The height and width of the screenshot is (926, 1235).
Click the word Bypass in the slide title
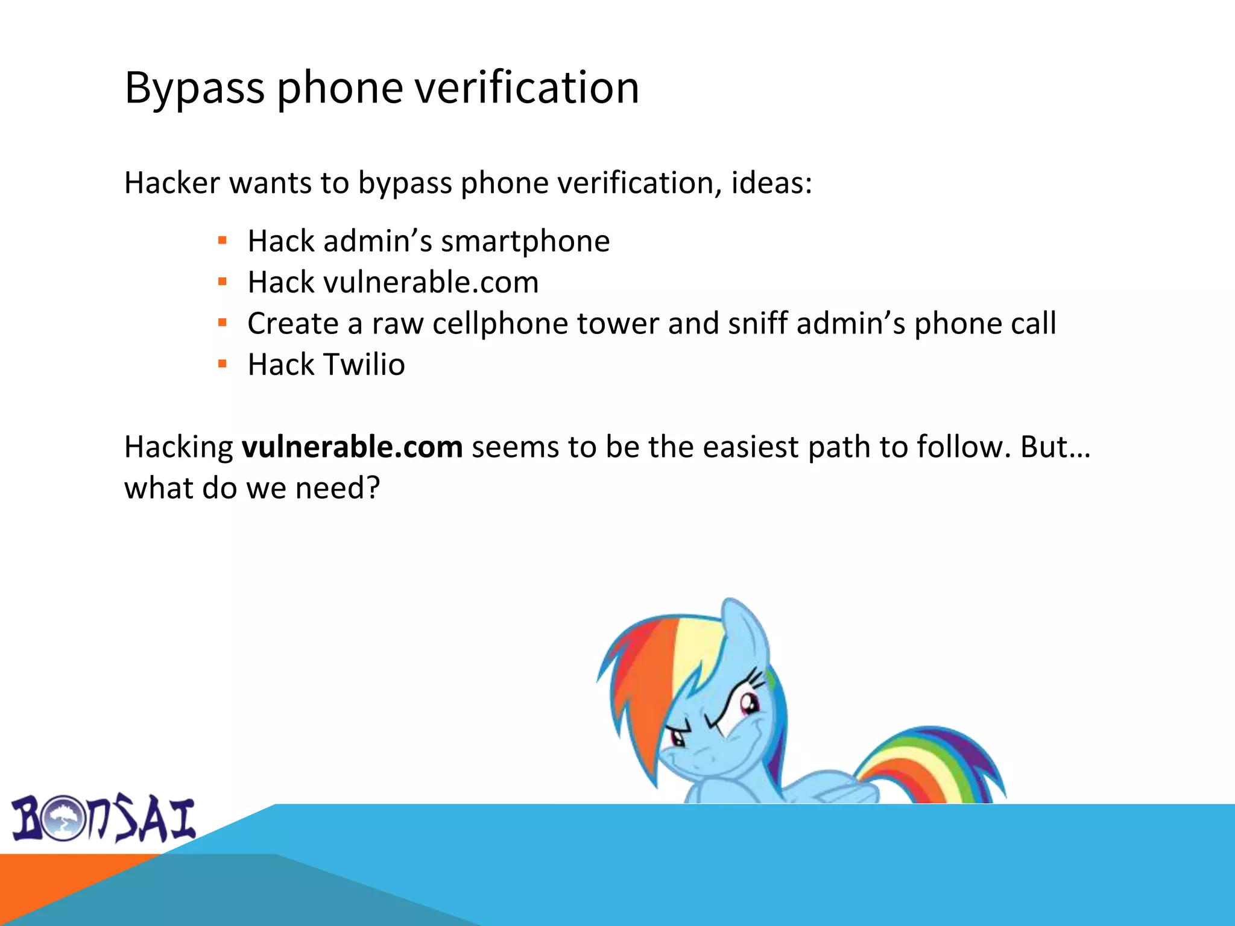tap(194, 88)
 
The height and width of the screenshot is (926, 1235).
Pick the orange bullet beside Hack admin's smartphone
tap(223, 241)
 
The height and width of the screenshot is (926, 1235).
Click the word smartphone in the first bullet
tap(525, 241)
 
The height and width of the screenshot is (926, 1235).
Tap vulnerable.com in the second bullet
tap(431, 282)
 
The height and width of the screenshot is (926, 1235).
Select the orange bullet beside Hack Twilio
tap(223, 364)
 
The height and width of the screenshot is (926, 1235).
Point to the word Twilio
tap(364, 364)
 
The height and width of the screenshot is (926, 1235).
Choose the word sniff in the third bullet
tap(757, 323)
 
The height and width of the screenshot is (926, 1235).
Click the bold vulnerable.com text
tap(352, 447)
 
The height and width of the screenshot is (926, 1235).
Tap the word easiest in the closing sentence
tap(750, 447)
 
